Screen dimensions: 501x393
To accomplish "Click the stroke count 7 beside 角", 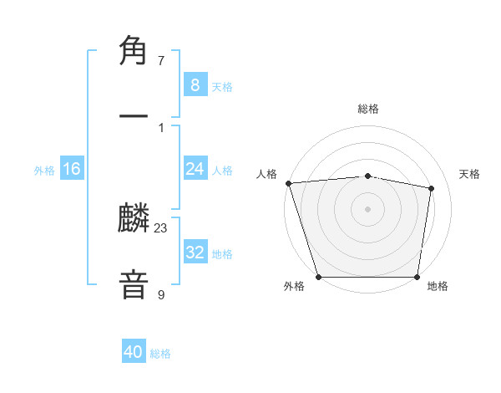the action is pos(161,61).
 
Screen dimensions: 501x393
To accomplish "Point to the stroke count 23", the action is pos(161,227).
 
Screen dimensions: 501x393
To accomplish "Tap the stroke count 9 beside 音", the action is pos(161,293).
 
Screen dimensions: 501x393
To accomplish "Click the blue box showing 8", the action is pos(195,84).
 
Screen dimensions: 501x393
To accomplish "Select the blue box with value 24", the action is pos(195,169).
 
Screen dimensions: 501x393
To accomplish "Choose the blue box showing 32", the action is pos(195,253).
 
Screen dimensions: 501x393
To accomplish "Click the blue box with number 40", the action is pos(134,353).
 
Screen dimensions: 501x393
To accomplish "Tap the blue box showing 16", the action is pos(72,169).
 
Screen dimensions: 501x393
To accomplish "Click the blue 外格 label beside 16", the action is pos(44,170).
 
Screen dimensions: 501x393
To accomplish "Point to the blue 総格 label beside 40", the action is pos(160,354).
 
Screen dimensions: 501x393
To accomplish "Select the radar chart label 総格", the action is pos(368,109).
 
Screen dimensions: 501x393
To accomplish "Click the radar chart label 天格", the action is pos(470,174).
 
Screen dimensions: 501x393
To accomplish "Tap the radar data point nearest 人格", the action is pos(288,183).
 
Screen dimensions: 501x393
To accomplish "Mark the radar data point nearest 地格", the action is pos(417,277).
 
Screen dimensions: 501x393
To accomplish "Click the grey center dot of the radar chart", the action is pos(368,209).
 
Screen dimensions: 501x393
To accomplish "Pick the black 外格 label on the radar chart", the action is pos(294,286).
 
